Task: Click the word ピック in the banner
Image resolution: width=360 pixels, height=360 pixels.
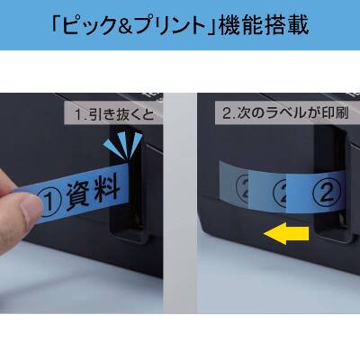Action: click(94, 24)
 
